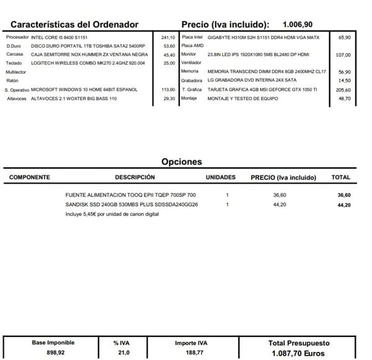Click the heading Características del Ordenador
point(74,25)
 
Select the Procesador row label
point(17,38)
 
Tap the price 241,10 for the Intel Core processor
point(168,38)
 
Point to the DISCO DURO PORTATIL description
point(87,46)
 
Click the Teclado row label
point(14,64)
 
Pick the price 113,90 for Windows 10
point(168,90)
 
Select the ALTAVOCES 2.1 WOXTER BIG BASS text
point(74,99)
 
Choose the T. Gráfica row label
point(191,90)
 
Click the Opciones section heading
point(182,162)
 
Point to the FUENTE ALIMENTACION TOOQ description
point(130,195)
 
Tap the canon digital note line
point(112,214)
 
